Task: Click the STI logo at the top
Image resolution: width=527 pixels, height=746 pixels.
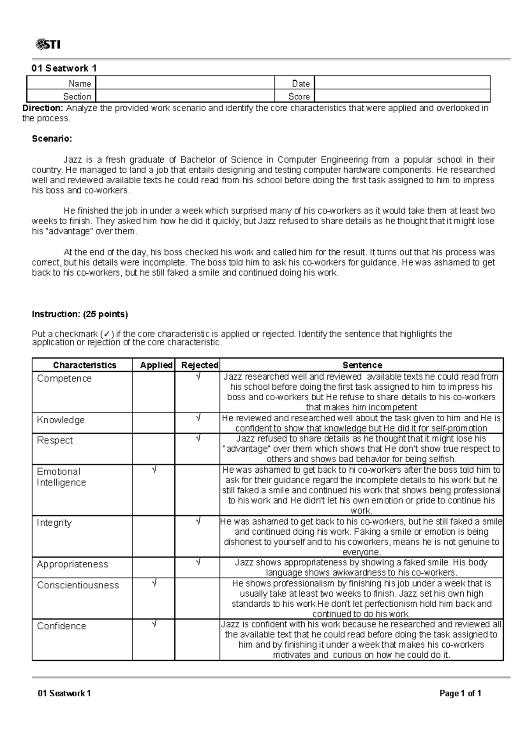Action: pos(47,44)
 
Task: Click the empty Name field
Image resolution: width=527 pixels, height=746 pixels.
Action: pos(184,83)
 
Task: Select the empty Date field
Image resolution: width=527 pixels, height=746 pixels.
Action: pos(402,83)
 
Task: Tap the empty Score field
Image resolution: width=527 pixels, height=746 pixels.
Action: pos(402,96)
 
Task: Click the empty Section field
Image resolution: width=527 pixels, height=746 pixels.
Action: pos(184,96)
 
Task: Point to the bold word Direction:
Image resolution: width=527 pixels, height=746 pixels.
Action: pos(43,108)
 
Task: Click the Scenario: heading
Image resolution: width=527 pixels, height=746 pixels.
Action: pos(52,139)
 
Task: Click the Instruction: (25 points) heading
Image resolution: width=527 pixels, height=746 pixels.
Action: pos(80,314)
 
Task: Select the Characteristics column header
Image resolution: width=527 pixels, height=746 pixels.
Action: pos(84,365)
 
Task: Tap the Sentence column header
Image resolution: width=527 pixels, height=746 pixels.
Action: pos(362,365)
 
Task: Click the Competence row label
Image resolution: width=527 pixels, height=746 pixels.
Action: pos(64,378)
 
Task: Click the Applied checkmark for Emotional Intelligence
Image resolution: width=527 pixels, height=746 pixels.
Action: pos(153,470)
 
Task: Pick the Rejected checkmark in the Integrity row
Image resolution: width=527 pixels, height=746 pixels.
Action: pos(198,521)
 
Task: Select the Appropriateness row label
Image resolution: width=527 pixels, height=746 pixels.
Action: pos(72,564)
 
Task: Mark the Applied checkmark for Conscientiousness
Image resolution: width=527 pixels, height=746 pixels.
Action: pos(153,583)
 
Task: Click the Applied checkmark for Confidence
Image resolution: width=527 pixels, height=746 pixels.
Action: pos(153,624)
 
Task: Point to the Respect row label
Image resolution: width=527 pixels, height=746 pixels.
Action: pos(55,440)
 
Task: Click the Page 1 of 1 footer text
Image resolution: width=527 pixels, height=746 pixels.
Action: pos(460,694)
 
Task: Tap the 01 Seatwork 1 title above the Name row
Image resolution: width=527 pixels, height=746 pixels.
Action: pos(64,68)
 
